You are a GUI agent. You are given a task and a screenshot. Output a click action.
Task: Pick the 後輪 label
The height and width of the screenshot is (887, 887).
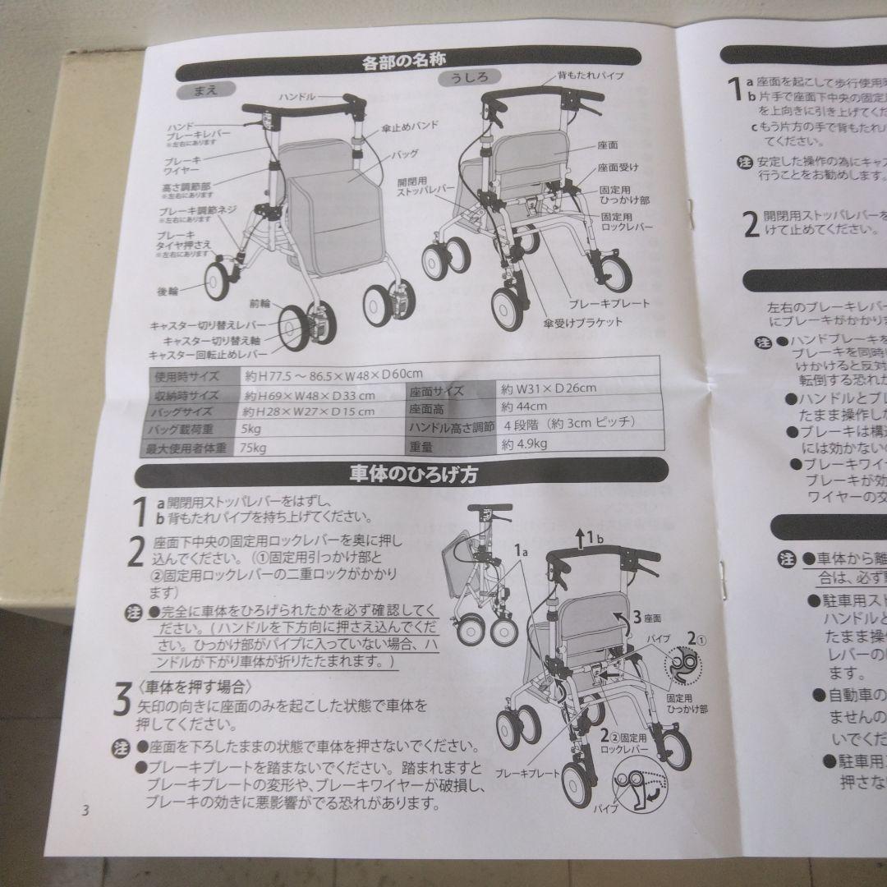[168, 292]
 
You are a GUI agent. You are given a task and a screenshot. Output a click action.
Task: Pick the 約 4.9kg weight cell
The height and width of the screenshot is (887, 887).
[523, 444]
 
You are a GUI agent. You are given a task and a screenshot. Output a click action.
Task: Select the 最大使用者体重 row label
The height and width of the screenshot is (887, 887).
[185, 448]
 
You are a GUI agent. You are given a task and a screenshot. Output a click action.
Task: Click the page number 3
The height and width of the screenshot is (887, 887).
[85, 812]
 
